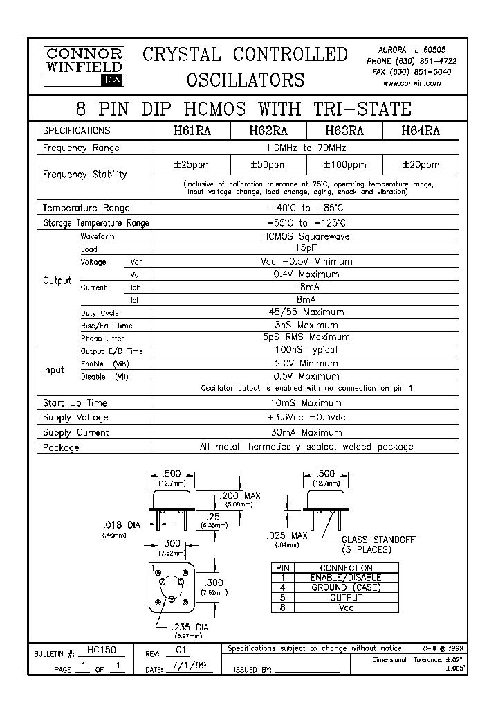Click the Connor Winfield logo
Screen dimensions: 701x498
(83, 66)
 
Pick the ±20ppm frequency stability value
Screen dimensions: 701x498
(421, 165)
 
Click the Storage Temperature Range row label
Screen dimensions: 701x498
(95, 223)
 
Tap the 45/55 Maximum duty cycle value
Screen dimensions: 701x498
(306, 312)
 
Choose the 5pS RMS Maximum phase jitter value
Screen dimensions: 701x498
(306, 337)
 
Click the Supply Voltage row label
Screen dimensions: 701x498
(75, 418)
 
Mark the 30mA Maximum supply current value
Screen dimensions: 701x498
(306, 432)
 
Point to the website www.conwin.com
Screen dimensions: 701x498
(412, 83)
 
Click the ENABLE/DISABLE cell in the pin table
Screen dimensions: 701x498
(346, 578)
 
